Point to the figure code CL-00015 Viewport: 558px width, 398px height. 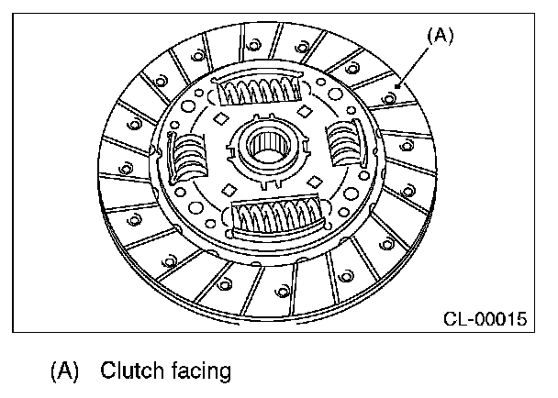pyautogui.click(x=485, y=320)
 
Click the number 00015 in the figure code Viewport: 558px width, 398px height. pyautogui.click(x=501, y=320)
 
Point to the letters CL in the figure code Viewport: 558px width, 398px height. pyautogui.click(x=455, y=320)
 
